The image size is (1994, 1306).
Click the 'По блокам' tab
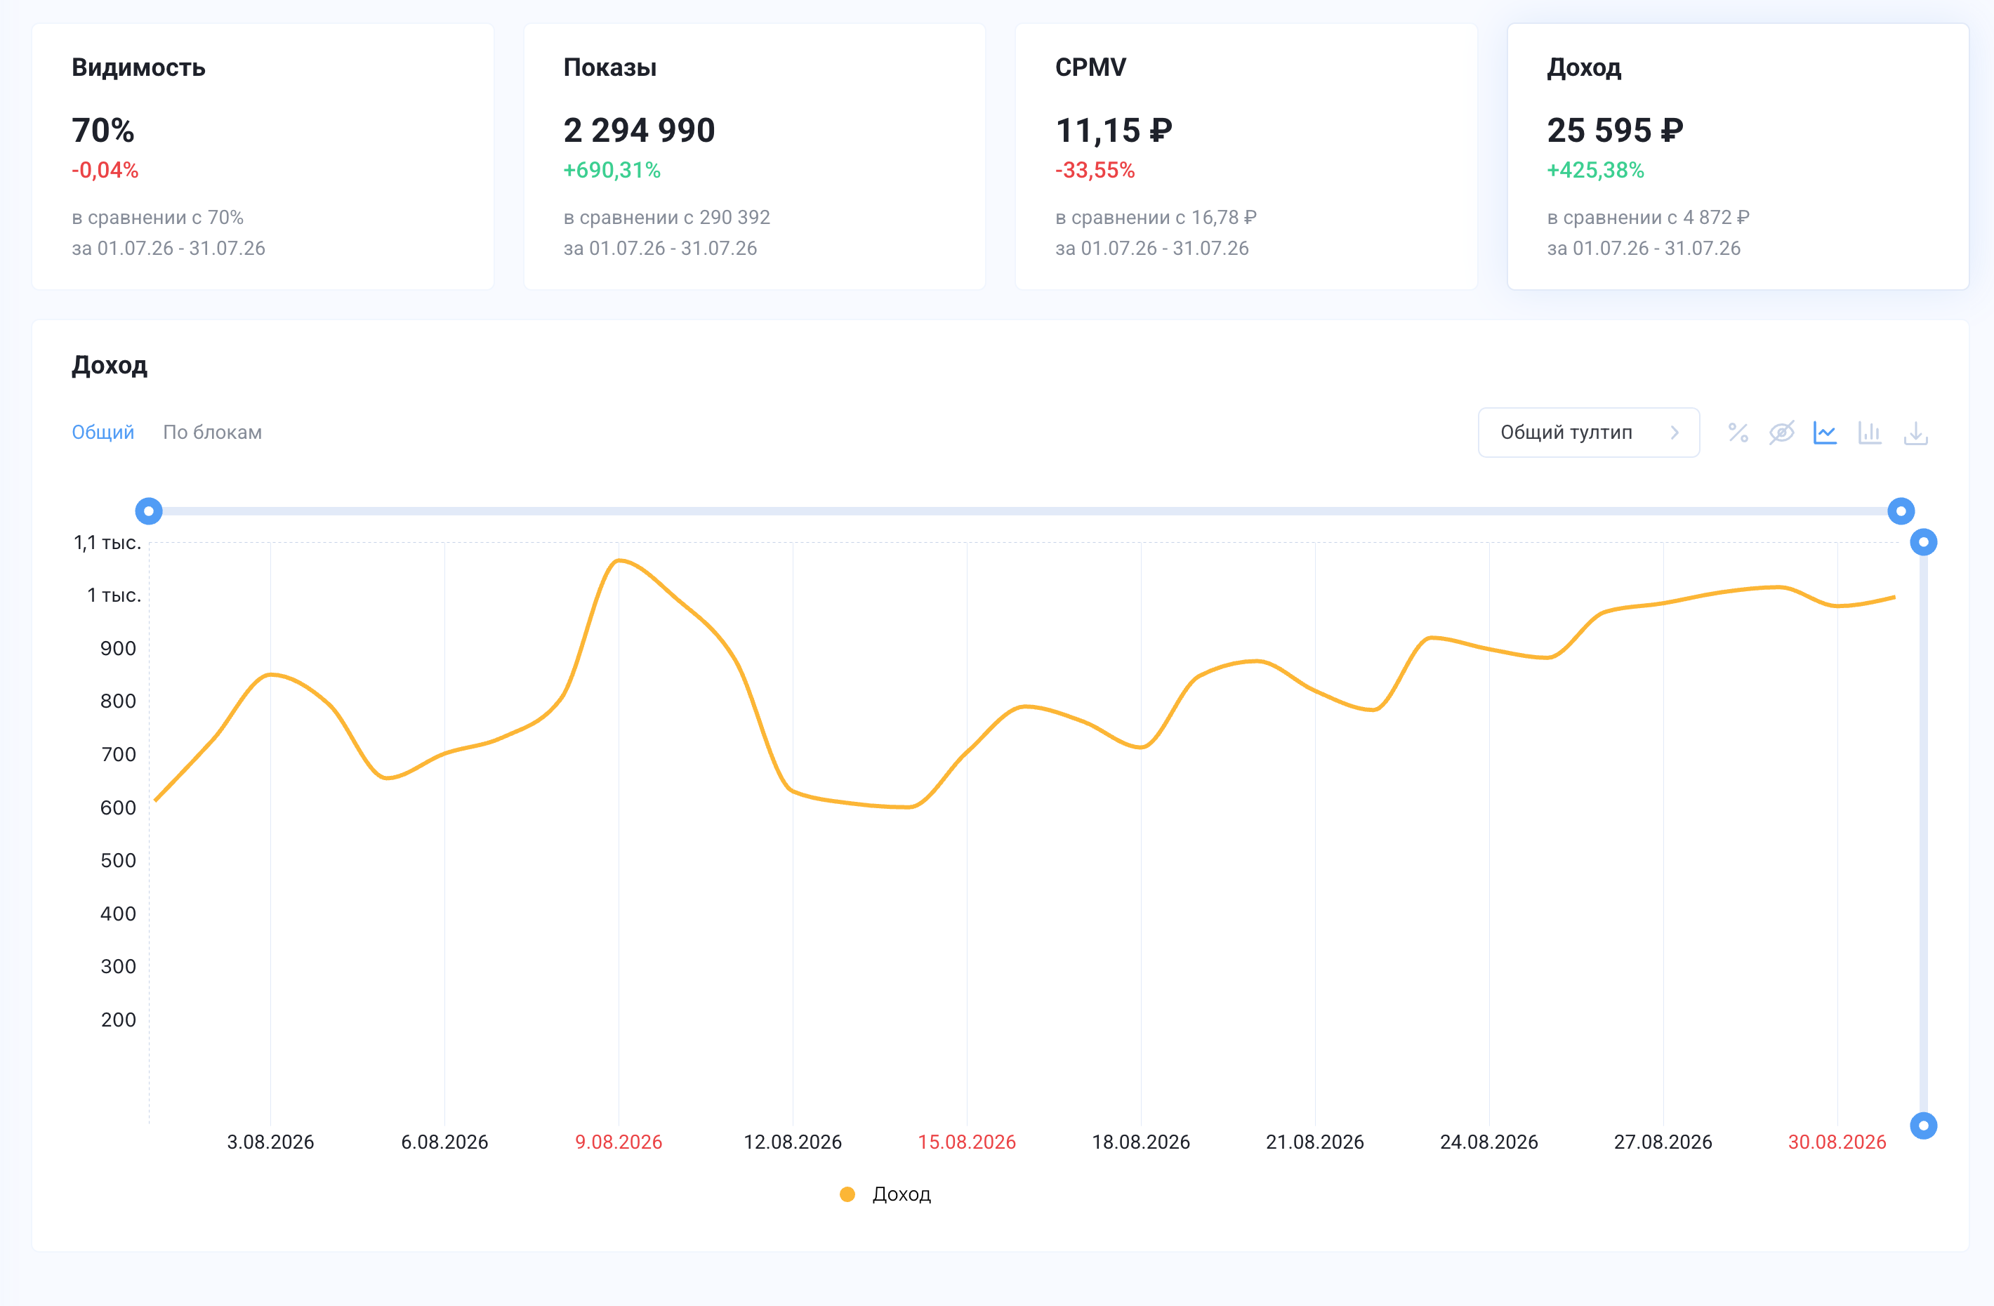(212, 433)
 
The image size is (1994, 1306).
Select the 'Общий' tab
(103, 433)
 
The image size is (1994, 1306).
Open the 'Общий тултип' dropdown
(1588, 433)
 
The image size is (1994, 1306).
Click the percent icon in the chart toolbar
(1738, 433)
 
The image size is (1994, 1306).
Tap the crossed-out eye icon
(1781, 433)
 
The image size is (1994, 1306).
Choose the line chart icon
(1825, 433)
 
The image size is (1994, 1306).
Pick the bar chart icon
(1870, 433)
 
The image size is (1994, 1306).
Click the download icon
(1915, 433)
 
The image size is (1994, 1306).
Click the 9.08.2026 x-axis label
(619, 1142)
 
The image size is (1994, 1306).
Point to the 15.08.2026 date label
(967, 1142)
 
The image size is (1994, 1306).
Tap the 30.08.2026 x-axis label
(1837, 1142)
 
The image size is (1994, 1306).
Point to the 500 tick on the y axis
(118, 860)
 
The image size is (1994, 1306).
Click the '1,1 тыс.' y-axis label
(107, 543)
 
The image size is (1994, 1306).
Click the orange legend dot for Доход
(847, 1194)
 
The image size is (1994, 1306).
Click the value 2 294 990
(639, 130)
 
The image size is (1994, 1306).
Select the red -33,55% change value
(1095, 170)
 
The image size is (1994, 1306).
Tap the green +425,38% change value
(1595, 170)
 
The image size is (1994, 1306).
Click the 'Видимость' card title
(138, 67)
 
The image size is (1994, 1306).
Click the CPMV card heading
(1091, 67)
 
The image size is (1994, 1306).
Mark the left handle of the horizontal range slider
(148, 511)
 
